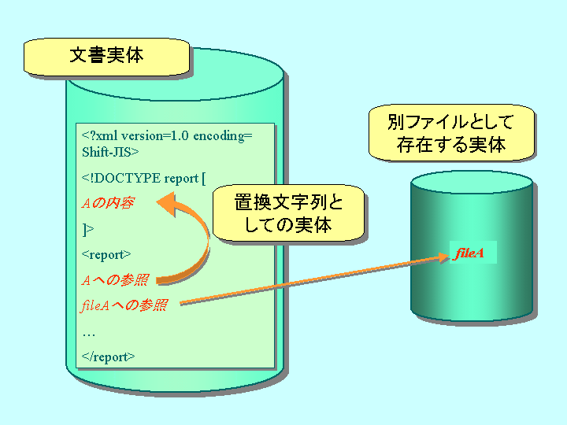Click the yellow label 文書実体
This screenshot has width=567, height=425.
pos(106,56)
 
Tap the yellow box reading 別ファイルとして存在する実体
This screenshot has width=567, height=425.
pos(450,134)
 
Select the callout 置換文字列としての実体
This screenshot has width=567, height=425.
pos(288,213)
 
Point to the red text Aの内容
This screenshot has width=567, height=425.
pos(108,203)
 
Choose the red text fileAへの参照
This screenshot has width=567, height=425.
pos(124,306)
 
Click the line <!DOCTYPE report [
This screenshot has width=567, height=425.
pos(143,178)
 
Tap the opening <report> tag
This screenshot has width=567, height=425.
pos(106,254)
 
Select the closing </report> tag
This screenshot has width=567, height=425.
pos(109,357)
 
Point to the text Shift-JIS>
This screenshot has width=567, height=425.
pos(110,152)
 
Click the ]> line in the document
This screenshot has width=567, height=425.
pos(87,229)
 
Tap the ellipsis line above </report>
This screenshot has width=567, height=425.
pos(88,332)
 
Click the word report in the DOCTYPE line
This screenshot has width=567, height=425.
pos(181,178)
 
